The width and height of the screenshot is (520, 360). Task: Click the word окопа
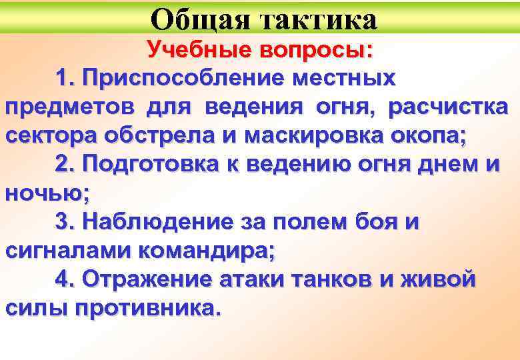coord(426,135)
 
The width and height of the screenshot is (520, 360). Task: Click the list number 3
coord(65,221)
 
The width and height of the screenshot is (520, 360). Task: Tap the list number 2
coord(65,164)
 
